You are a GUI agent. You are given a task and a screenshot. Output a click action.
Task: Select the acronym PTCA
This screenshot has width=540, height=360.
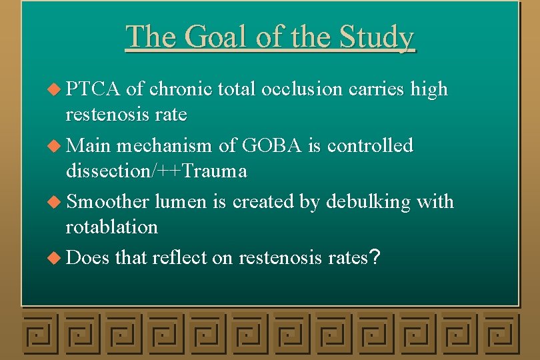94,89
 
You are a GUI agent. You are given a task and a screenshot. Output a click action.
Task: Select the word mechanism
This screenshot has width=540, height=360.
167,145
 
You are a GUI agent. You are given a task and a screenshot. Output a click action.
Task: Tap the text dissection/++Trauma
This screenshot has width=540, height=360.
156,171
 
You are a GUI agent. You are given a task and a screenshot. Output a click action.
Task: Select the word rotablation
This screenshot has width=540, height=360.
111,227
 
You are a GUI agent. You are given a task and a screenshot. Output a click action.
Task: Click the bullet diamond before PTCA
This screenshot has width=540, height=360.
56,89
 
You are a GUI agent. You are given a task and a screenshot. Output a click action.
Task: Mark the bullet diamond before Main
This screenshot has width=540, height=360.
56,146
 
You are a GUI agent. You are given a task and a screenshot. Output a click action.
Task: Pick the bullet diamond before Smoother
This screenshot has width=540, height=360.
56,202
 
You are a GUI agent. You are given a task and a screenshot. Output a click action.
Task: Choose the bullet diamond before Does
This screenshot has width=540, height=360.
56,258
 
